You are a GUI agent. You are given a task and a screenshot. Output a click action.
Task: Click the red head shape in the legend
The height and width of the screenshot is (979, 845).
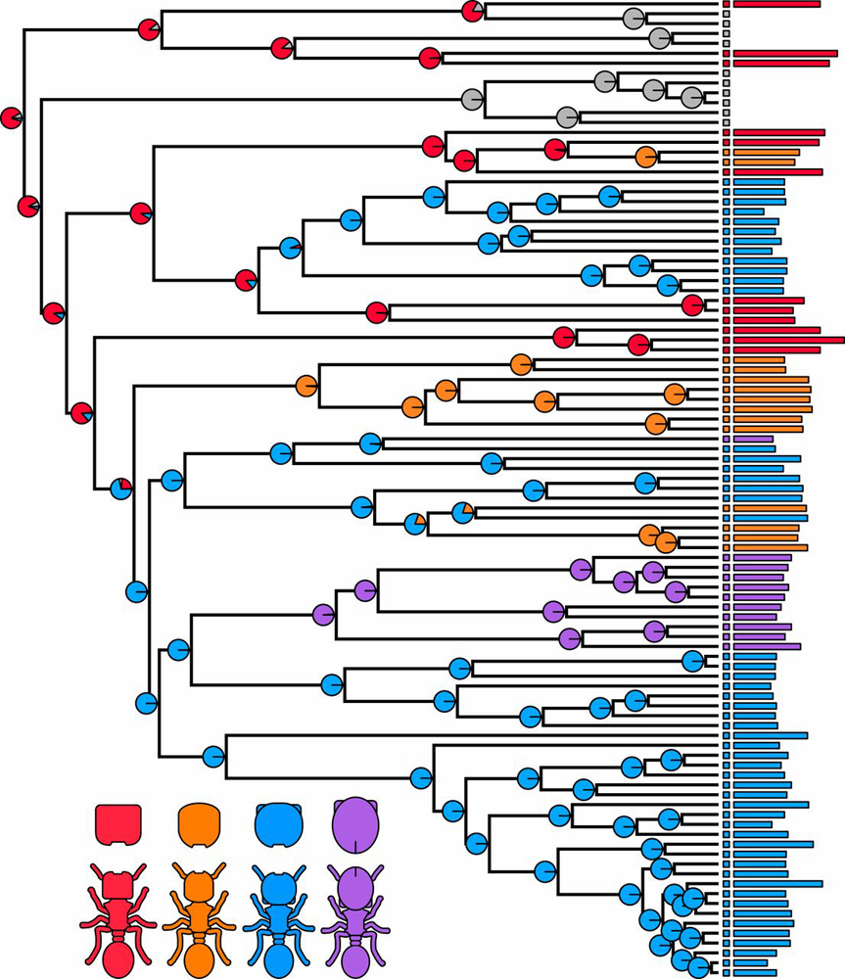pos(118,823)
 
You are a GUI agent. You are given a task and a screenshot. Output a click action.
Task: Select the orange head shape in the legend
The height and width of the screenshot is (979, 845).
pos(200,823)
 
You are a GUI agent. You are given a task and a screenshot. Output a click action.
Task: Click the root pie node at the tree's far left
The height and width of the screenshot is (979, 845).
pos(12,117)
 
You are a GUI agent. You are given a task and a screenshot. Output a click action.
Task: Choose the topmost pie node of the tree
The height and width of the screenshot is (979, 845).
pos(472,10)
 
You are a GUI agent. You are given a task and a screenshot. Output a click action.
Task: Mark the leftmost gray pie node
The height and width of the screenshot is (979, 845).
pos(473,98)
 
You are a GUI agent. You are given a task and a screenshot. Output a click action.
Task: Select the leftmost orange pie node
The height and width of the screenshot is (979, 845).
pos(306,386)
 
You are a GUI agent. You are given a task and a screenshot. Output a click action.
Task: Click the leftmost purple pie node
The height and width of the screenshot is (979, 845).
pos(323,615)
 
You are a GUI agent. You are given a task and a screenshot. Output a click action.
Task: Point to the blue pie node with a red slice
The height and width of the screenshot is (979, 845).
pos(121,488)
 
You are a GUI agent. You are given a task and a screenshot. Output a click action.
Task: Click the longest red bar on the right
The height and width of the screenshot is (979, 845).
pos(788,340)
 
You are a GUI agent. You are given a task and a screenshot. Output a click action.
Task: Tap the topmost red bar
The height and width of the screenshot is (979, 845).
pos(776,5)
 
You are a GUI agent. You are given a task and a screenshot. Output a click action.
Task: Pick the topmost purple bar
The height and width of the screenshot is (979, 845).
pos(753,440)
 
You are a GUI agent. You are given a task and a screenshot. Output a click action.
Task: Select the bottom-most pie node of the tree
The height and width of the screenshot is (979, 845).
pos(698,968)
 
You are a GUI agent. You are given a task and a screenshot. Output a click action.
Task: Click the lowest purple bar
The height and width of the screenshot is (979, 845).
pos(767,646)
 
